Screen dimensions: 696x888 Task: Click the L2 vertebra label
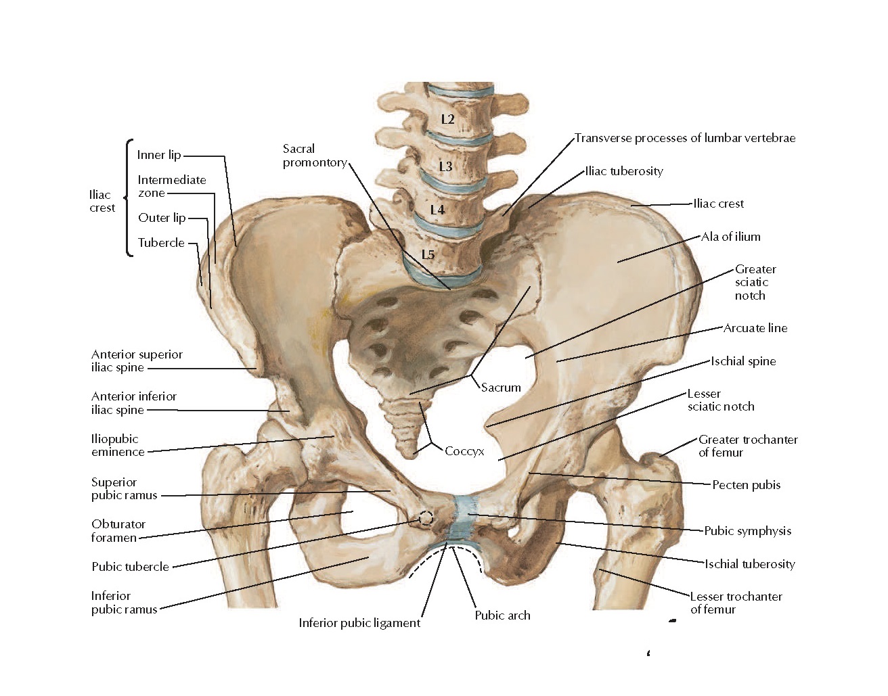click(x=447, y=120)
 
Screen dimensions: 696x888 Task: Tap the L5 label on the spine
click(x=428, y=255)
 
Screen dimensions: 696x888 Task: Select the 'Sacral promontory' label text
click(x=315, y=156)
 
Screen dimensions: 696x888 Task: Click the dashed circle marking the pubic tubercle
click(x=426, y=519)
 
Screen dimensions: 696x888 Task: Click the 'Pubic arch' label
click(x=502, y=616)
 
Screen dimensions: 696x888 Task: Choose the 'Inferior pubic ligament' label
click(x=359, y=623)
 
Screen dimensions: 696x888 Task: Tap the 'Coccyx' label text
click(x=464, y=451)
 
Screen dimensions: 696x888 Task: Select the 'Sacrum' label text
click(x=501, y=388)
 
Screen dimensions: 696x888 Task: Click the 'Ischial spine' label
click(x=743, y=361)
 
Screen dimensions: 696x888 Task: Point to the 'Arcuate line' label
click(x=755, y=328)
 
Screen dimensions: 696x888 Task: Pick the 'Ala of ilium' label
click(x=731, y=237)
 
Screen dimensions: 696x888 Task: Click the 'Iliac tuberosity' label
click(x=624, y=171)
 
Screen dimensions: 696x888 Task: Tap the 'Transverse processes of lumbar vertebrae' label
click(x=685, y=138)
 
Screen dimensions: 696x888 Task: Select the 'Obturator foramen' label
click(x=118, y=531)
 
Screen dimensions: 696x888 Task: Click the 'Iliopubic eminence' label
click(x=118, y=445)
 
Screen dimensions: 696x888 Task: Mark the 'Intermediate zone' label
click(x=171, y=186)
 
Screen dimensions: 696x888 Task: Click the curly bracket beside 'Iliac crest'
click(x=129, y=198)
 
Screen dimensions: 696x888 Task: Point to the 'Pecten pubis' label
click(x=746, y=485)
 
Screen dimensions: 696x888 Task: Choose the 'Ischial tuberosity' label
click(x=750, y=564)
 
